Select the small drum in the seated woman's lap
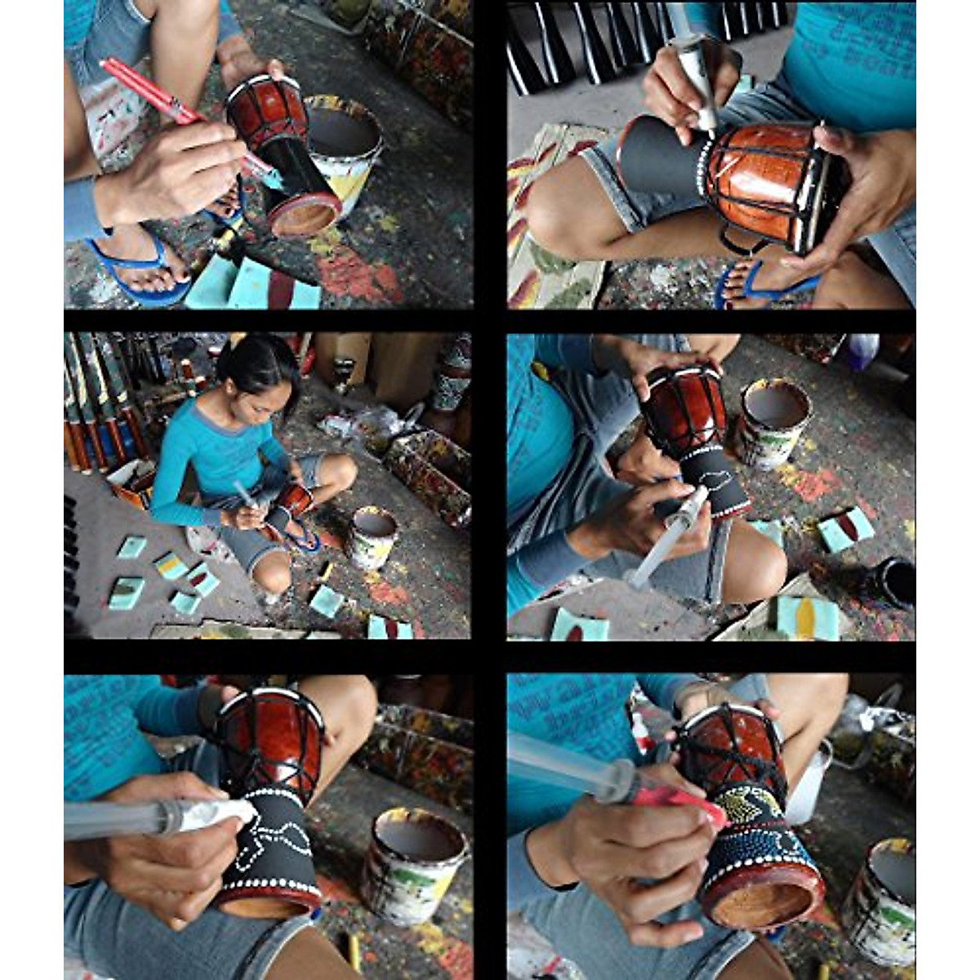[294, 498]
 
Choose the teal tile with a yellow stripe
[807, 617]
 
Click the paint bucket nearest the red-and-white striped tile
[773, 421]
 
